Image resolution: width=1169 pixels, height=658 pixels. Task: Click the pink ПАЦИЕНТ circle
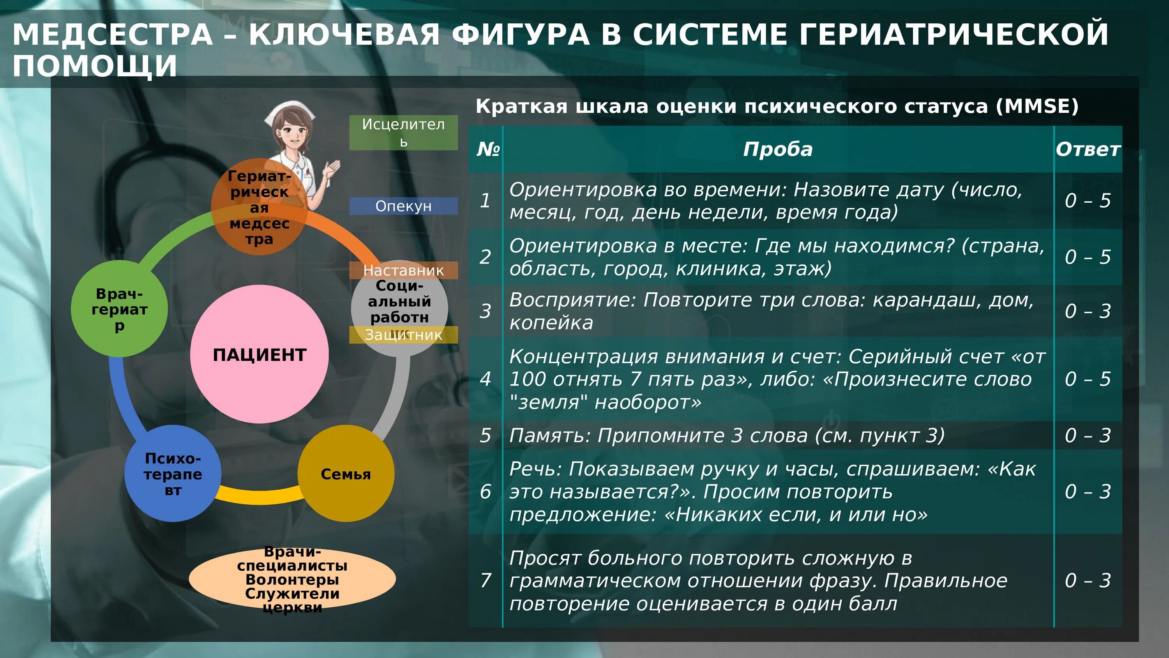click(259, 354)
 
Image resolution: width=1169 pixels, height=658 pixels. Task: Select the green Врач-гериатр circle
click(119, 309)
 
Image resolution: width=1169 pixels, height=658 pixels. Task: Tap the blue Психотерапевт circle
click(173, 474)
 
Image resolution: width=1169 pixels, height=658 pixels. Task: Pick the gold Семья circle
click(346, 474)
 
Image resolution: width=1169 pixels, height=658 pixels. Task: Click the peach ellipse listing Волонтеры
click(292, 579)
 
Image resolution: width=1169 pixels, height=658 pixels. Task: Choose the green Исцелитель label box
click(403, 132)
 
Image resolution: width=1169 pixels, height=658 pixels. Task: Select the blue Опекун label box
click(403, 206)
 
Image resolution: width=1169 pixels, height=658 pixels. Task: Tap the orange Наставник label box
click(403, 270)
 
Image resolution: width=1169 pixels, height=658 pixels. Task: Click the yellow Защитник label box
click(403, 335)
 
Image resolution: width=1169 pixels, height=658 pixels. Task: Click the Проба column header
click(778, 149)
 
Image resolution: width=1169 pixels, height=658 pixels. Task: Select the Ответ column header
click(1088, 149)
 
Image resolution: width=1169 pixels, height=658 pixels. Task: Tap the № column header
click(487, 149)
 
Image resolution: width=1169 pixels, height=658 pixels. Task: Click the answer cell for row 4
click(1088, 379)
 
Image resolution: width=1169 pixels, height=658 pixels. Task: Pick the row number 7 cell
click(486, 580)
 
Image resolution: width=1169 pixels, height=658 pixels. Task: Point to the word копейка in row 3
click(551, 323)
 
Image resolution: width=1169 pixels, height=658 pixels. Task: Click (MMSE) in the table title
click(1037, 106)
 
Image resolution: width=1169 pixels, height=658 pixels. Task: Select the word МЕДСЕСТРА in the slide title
click(113, 35)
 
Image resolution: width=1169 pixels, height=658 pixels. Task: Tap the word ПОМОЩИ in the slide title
click(94, 65)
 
